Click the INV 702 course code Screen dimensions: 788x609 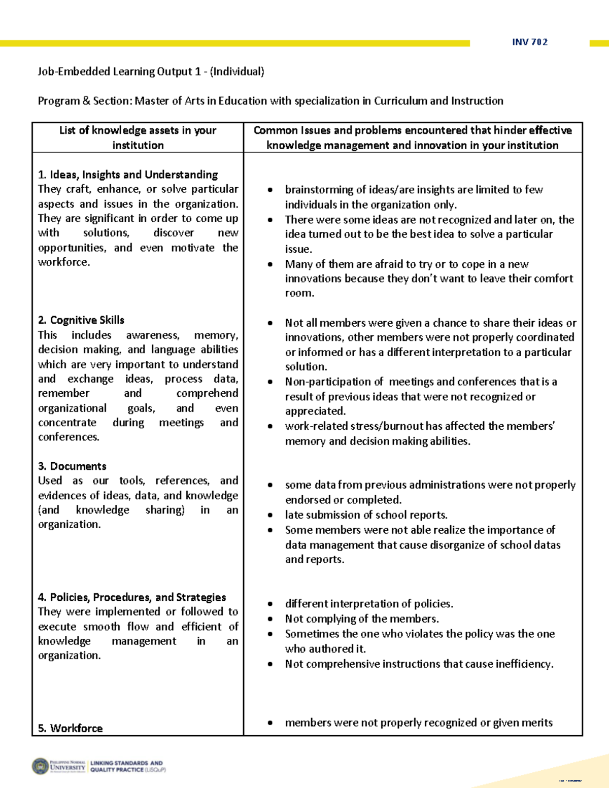pyautogui.click(x=530, y=42)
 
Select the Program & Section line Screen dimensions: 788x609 pyautogui.click(x=270, y=101)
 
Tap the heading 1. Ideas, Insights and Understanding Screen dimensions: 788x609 pyautogui.click(x=128, y=175)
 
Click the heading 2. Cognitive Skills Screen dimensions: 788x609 pyautogui.click(x=81, y=320)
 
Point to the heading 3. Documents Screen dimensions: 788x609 pyautogui.click(x=72, y=466)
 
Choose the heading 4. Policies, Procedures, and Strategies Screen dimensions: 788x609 pyautogui.click(x=132, y=597)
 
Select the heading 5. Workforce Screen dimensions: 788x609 pyautogui.click(x=70, y=728)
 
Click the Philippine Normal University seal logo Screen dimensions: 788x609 pyautogui.click(x=41, y=766)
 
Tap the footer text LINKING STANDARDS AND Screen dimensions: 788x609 pyautogui.click(x=126, y=763)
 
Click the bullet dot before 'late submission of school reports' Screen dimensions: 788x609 pyautogui.click(x=270, y=516)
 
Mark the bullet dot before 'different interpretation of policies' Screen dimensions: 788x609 pyautogui.click(x=270, y=604)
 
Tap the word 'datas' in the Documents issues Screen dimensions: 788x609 pyautogui.click(x=547, y=545)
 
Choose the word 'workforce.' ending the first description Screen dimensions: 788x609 pyautogui.click(x=64, y=262)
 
